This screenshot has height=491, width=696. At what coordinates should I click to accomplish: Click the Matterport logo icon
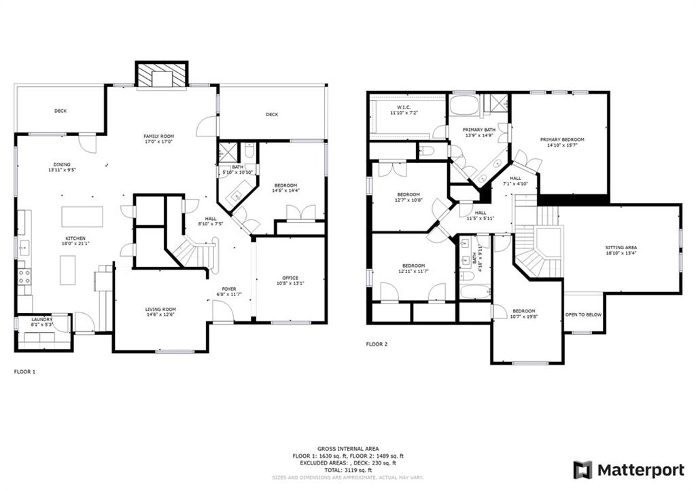tap(582, 470)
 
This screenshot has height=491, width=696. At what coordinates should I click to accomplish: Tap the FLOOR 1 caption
tap(25, 371)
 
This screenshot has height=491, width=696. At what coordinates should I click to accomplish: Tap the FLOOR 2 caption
tap(377, 344)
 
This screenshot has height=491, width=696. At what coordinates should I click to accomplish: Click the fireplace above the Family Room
tap(162, 75)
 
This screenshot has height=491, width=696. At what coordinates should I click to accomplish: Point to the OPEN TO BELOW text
tap(583, 315)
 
